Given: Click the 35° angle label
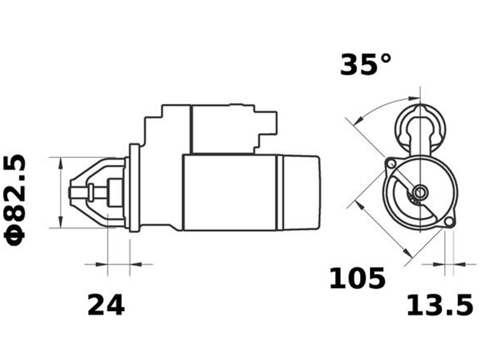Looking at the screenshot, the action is [x=366, y=64].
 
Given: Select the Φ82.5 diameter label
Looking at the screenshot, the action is [x=15, y=200].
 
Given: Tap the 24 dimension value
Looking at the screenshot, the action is [x=106, y=305].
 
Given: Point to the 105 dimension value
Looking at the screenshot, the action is [x=357, y=278].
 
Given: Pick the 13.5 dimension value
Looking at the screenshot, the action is [x=440, y=305].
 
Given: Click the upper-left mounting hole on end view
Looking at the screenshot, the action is [x=391, y=164].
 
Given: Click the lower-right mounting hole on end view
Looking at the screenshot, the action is [x=449, y=222].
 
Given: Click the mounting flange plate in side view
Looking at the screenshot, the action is [x=134, y=188].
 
